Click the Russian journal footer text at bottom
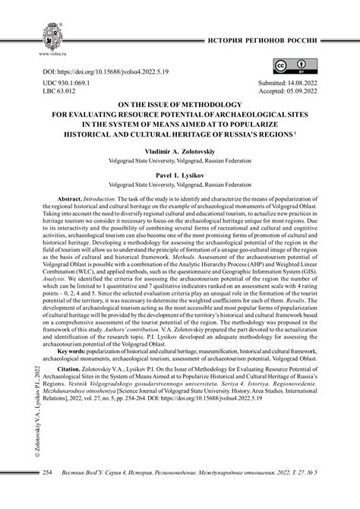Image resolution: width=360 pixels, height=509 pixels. (203, 494)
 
